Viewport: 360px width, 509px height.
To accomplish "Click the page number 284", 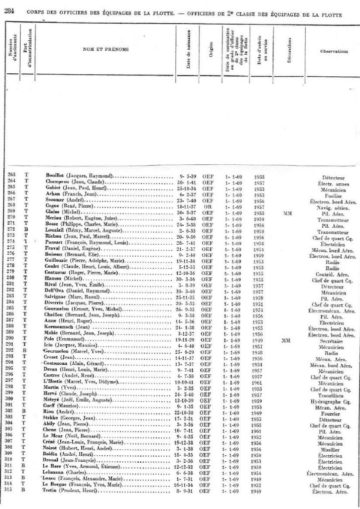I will (9, 13).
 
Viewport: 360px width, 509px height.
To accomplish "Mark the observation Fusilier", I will (333, 196).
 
